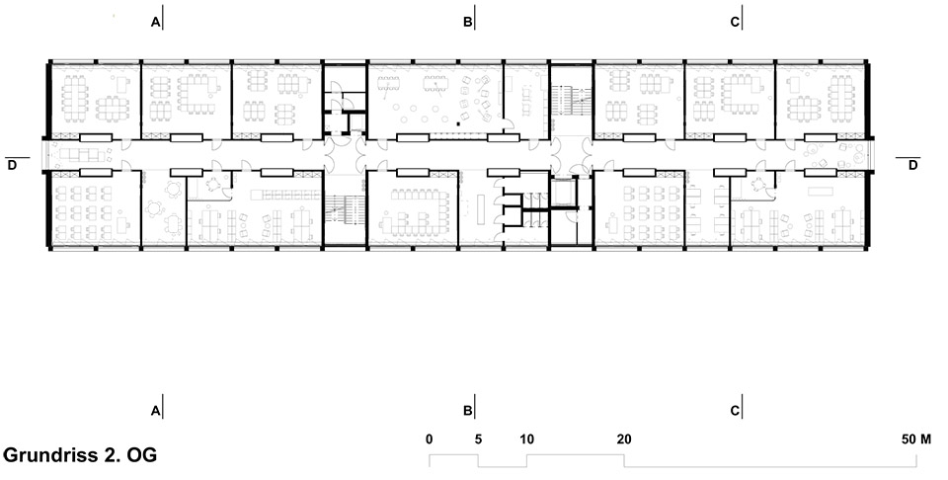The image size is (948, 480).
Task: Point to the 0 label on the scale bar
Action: click(x=429, y=438)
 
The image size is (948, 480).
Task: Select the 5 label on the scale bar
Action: click(x=478, y=438)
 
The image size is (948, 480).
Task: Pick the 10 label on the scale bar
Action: click(x=526, y=438)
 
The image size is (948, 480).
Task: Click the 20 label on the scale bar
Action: click(x=623, y=438)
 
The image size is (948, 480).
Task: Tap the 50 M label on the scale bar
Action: click(x=913, y=438)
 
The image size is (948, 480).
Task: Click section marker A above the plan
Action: click(x=155, y=21)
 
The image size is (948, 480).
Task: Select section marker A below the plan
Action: click(x=155, y=409)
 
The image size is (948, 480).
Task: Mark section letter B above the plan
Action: click(x=467, y=21)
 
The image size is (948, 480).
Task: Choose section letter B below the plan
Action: click(x=467, y=409)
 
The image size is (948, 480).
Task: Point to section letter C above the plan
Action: click(x=734, y=21)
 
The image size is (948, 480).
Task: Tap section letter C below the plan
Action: click(x=734, y=409)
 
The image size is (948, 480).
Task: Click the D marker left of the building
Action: click(x=12, y=165)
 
